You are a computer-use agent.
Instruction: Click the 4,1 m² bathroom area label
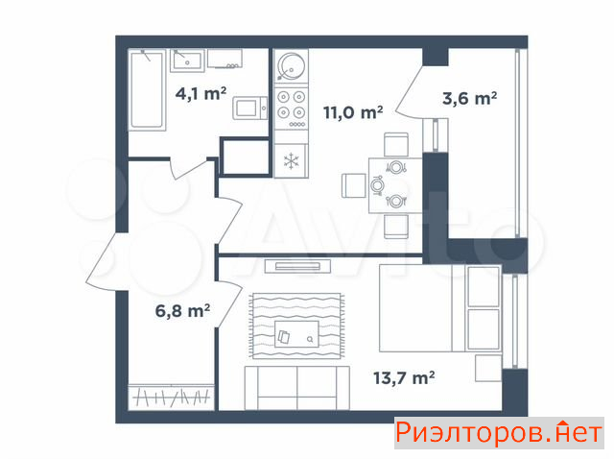pos(201,93)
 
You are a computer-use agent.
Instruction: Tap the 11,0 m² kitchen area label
pos(353,112)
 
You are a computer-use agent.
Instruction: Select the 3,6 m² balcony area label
pos(469,98)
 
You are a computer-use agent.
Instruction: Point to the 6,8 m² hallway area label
pos(182,311)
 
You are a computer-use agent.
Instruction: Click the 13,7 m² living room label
pos(404,378)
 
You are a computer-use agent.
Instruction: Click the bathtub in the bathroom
pos(147,89)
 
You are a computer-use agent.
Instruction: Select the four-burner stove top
pos(291,109)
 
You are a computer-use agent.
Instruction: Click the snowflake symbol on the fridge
pos(292,161)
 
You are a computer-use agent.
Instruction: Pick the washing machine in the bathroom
pos(250,108)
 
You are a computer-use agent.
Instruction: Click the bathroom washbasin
pos(187,60)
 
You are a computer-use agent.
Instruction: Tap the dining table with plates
pos(394,185)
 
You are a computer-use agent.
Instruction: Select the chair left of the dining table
pos(354,185)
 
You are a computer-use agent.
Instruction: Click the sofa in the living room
pos(296,388)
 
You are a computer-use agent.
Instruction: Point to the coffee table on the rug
pos(296,334)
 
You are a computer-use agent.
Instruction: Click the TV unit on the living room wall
pos(297,267)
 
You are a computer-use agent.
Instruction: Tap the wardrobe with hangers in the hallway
pos(171,398)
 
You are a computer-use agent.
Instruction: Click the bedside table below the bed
pos(488,368)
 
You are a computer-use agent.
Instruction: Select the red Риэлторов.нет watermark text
pos(499,433)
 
